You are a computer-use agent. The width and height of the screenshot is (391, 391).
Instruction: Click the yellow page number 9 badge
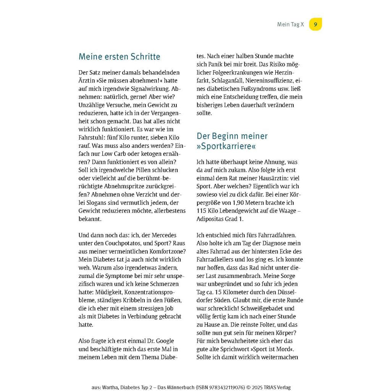[315, 24]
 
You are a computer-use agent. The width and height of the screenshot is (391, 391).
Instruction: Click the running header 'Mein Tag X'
[290, 24]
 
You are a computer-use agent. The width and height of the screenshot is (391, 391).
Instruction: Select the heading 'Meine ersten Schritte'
[119, 57]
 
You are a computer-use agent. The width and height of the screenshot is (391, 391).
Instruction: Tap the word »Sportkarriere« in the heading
[226, 146]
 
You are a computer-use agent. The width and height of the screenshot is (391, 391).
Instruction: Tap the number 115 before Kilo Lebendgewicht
[201, 211]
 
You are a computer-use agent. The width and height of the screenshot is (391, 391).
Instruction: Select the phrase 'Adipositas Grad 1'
[220, 219]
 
